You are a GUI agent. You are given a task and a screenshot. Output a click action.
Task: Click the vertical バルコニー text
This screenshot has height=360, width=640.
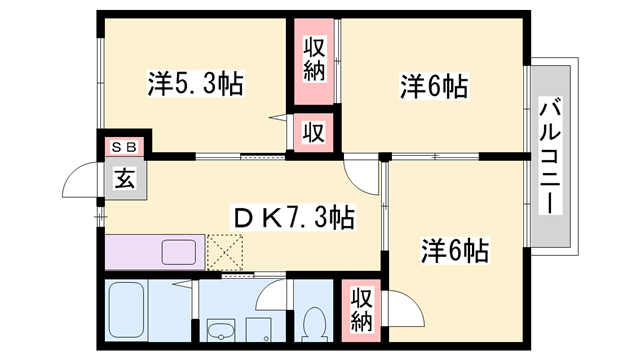549,156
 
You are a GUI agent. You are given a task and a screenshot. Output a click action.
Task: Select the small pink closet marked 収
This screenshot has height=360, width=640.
312,131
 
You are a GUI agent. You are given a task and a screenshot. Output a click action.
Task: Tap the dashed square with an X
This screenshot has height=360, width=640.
226,250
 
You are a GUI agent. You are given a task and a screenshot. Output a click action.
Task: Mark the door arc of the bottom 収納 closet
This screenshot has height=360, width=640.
394,306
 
